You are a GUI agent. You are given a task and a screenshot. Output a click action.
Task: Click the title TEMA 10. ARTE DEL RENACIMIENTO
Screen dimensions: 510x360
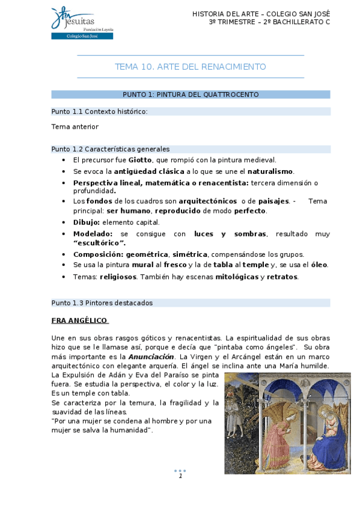tap(191, 67)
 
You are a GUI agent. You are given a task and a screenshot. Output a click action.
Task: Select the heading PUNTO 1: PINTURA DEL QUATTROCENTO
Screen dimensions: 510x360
tap(191, 94)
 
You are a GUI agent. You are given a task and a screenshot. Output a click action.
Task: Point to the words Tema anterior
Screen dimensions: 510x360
tap(75, 127)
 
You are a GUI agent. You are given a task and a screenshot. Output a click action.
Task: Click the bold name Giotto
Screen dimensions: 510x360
tap(140, 160)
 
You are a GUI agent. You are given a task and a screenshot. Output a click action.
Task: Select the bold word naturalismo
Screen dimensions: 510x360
tap(271, 171)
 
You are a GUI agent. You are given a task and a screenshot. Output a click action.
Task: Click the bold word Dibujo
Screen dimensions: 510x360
tap(86, 222)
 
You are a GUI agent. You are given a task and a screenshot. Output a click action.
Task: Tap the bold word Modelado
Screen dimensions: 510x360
tap(92, 233)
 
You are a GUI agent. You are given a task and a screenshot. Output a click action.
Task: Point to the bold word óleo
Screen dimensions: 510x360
tap(319, 265)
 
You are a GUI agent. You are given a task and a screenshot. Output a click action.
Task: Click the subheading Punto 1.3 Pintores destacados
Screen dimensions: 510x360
tap(102, 303)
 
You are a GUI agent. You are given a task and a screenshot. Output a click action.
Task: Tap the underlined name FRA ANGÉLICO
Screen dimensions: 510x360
tap(79, 321)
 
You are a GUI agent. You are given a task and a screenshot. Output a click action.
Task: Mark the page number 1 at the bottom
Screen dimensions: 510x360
tap(180, 476)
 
